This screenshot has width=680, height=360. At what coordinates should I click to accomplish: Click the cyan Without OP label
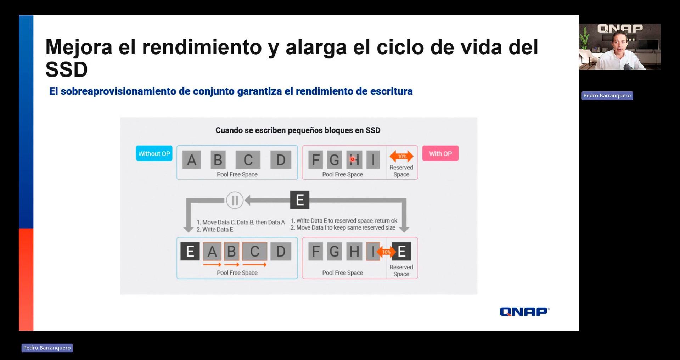point(154,153)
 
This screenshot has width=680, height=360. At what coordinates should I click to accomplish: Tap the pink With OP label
point(440,153)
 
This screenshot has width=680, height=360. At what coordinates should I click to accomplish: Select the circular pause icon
point(235,200)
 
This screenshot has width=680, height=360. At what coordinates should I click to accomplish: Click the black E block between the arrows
point(300,200)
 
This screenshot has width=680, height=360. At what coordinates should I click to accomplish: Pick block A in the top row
point(192,160)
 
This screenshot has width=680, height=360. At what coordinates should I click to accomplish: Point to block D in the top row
point(281,160)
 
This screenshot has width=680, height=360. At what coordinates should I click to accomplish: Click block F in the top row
point(315,159)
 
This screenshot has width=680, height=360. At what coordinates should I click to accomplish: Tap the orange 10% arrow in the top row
point(401,156)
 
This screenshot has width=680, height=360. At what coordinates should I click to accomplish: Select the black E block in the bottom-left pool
point(190,251)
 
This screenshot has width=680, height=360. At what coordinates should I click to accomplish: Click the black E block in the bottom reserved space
point(401,252)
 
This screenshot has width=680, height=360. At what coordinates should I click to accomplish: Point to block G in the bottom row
point(334,252)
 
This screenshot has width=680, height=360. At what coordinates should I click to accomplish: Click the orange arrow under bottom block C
point(254,265)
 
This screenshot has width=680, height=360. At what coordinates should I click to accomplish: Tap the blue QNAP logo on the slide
point(524,311)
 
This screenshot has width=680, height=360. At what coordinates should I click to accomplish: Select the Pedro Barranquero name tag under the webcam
point(607,95)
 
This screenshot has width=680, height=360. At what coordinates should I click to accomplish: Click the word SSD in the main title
point(67,69)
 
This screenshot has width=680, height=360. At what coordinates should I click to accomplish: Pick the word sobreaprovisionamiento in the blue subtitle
point(119,91)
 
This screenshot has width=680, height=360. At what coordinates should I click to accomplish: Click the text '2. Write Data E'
point(215,230)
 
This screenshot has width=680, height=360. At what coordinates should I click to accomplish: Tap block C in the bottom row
point(254,252)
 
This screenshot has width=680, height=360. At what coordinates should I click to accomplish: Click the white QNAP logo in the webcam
point(620,28)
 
